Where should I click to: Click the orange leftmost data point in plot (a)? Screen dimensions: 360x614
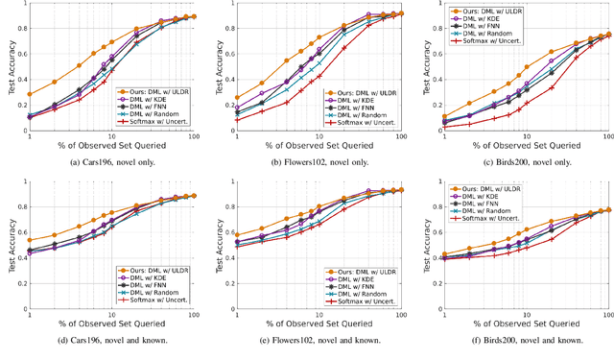tap(30, 94)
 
